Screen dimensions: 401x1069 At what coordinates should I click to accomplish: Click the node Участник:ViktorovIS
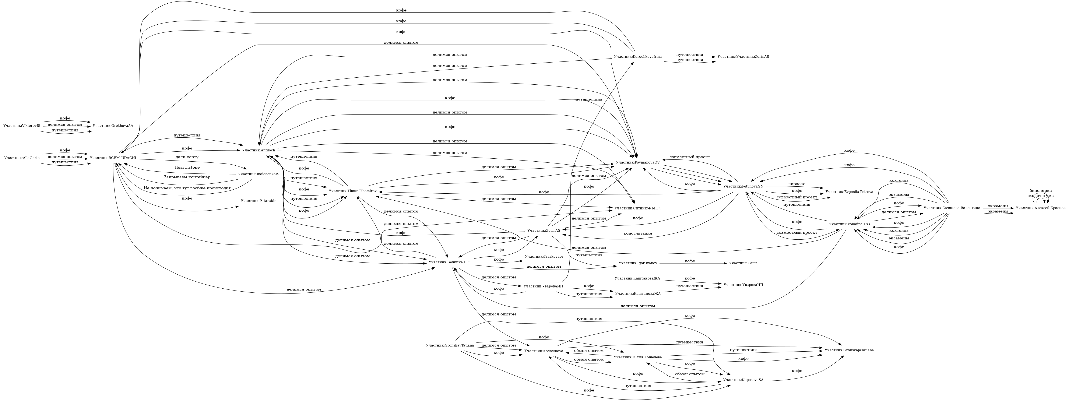point(22,125)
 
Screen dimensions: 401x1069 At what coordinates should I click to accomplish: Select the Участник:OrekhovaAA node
point(113,125)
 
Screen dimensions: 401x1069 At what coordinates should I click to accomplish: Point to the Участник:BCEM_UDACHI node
point(113,158)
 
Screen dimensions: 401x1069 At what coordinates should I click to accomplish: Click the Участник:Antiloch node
point(259,150)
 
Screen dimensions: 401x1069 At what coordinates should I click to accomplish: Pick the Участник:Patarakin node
point(259,201)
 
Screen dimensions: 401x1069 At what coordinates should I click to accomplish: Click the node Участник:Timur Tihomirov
point(352,191)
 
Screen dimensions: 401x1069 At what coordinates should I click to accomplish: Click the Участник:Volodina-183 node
point(849,224)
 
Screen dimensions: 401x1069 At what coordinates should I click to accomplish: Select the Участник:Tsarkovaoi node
point(544,257)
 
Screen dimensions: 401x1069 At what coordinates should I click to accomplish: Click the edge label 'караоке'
point(797,184)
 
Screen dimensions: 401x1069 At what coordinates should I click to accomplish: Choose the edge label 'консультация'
point(637,233)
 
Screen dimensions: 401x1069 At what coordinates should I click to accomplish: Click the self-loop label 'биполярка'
point(1040,191)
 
